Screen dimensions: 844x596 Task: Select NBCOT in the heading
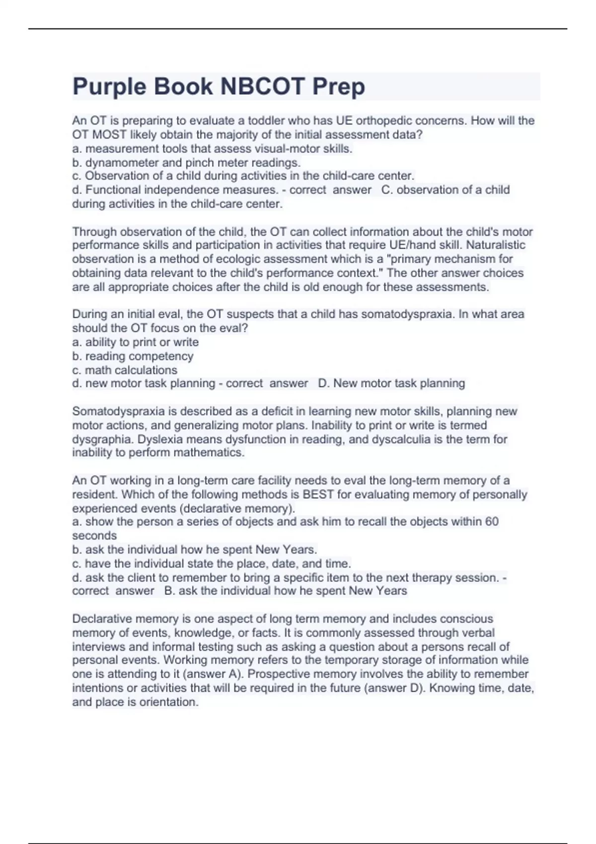pyautogui.click(x=262, y=86)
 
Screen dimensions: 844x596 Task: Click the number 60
pyautogui.click(x=491, y=522)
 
